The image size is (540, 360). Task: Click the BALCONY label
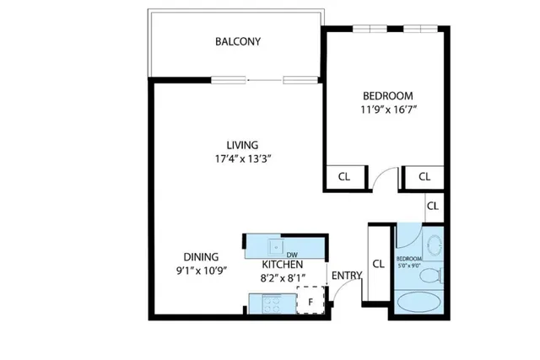237,41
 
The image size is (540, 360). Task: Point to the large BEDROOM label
386,94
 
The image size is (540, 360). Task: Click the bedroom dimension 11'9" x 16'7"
386,109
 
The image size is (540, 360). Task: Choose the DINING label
202,257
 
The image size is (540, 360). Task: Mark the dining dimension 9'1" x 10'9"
202,271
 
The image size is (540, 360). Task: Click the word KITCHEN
282,264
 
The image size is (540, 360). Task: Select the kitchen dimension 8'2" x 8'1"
282,277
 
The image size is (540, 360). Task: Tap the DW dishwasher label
292,255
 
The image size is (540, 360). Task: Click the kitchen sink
277,246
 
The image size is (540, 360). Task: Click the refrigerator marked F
310,300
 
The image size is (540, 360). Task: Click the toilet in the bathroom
431,276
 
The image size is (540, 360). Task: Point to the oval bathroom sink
434,245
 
